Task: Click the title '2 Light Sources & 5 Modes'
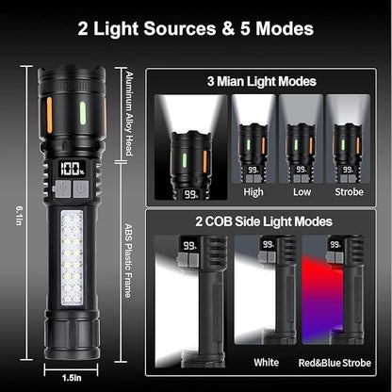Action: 196,28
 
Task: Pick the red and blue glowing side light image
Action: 330,292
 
